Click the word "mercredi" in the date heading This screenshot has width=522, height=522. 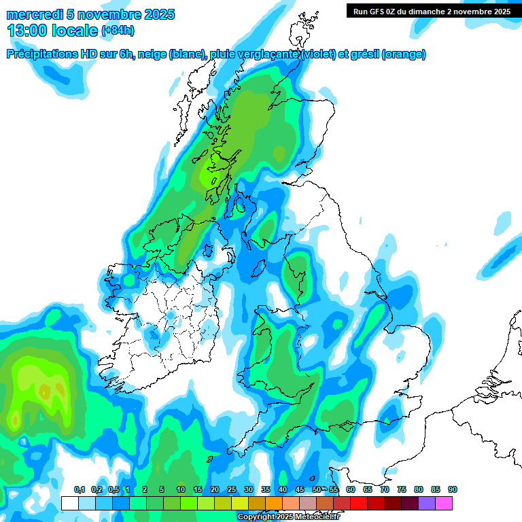pos(31,14)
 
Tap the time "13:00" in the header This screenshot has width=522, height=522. pos(28,31)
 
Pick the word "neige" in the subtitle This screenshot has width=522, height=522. pos(155,54)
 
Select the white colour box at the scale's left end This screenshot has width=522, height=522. pos(69,503)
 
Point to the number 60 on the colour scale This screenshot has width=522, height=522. pos(351,490)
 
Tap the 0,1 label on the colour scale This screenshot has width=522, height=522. pos(79,490)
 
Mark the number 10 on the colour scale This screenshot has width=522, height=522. pos(181,490)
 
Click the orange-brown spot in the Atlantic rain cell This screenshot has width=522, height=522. pos(43,391)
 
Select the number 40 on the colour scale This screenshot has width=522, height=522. pos(283,490)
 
